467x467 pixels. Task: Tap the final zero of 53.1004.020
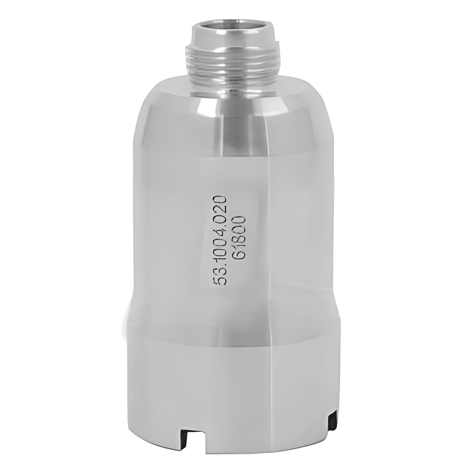click(220, 200)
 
